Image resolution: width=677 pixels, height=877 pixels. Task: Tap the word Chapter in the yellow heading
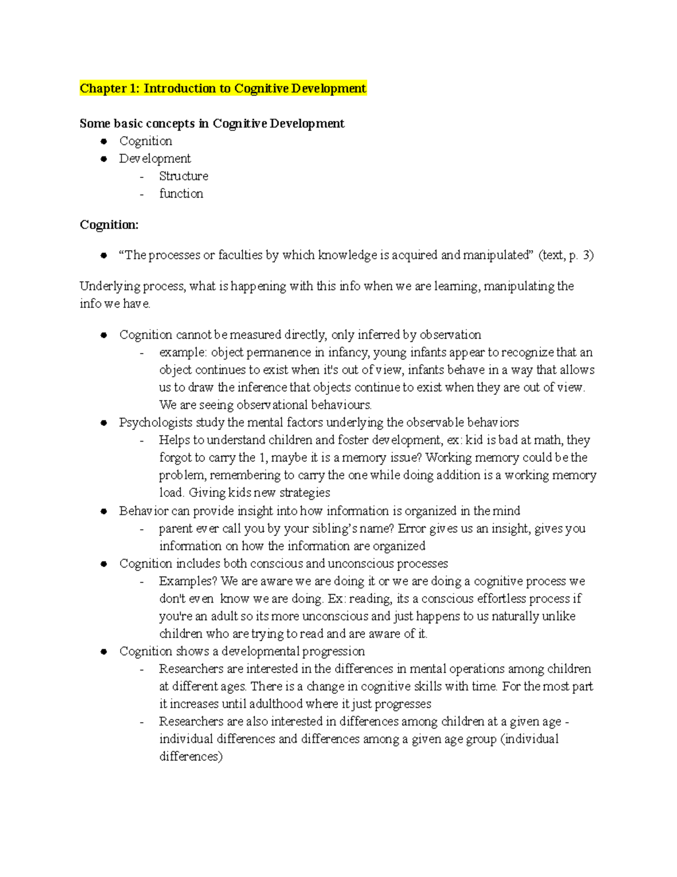pos(103,88)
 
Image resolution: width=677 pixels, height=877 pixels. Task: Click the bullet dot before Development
pos(103,159)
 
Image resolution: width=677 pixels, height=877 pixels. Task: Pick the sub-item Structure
pos(183,176)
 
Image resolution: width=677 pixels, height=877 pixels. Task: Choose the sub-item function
pos(181,194)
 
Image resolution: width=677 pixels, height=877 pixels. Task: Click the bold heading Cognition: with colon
pos(109,225)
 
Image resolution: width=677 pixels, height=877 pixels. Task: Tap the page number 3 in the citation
pos(587,255)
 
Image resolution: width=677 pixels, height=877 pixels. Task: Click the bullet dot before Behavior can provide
pos(103,511)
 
